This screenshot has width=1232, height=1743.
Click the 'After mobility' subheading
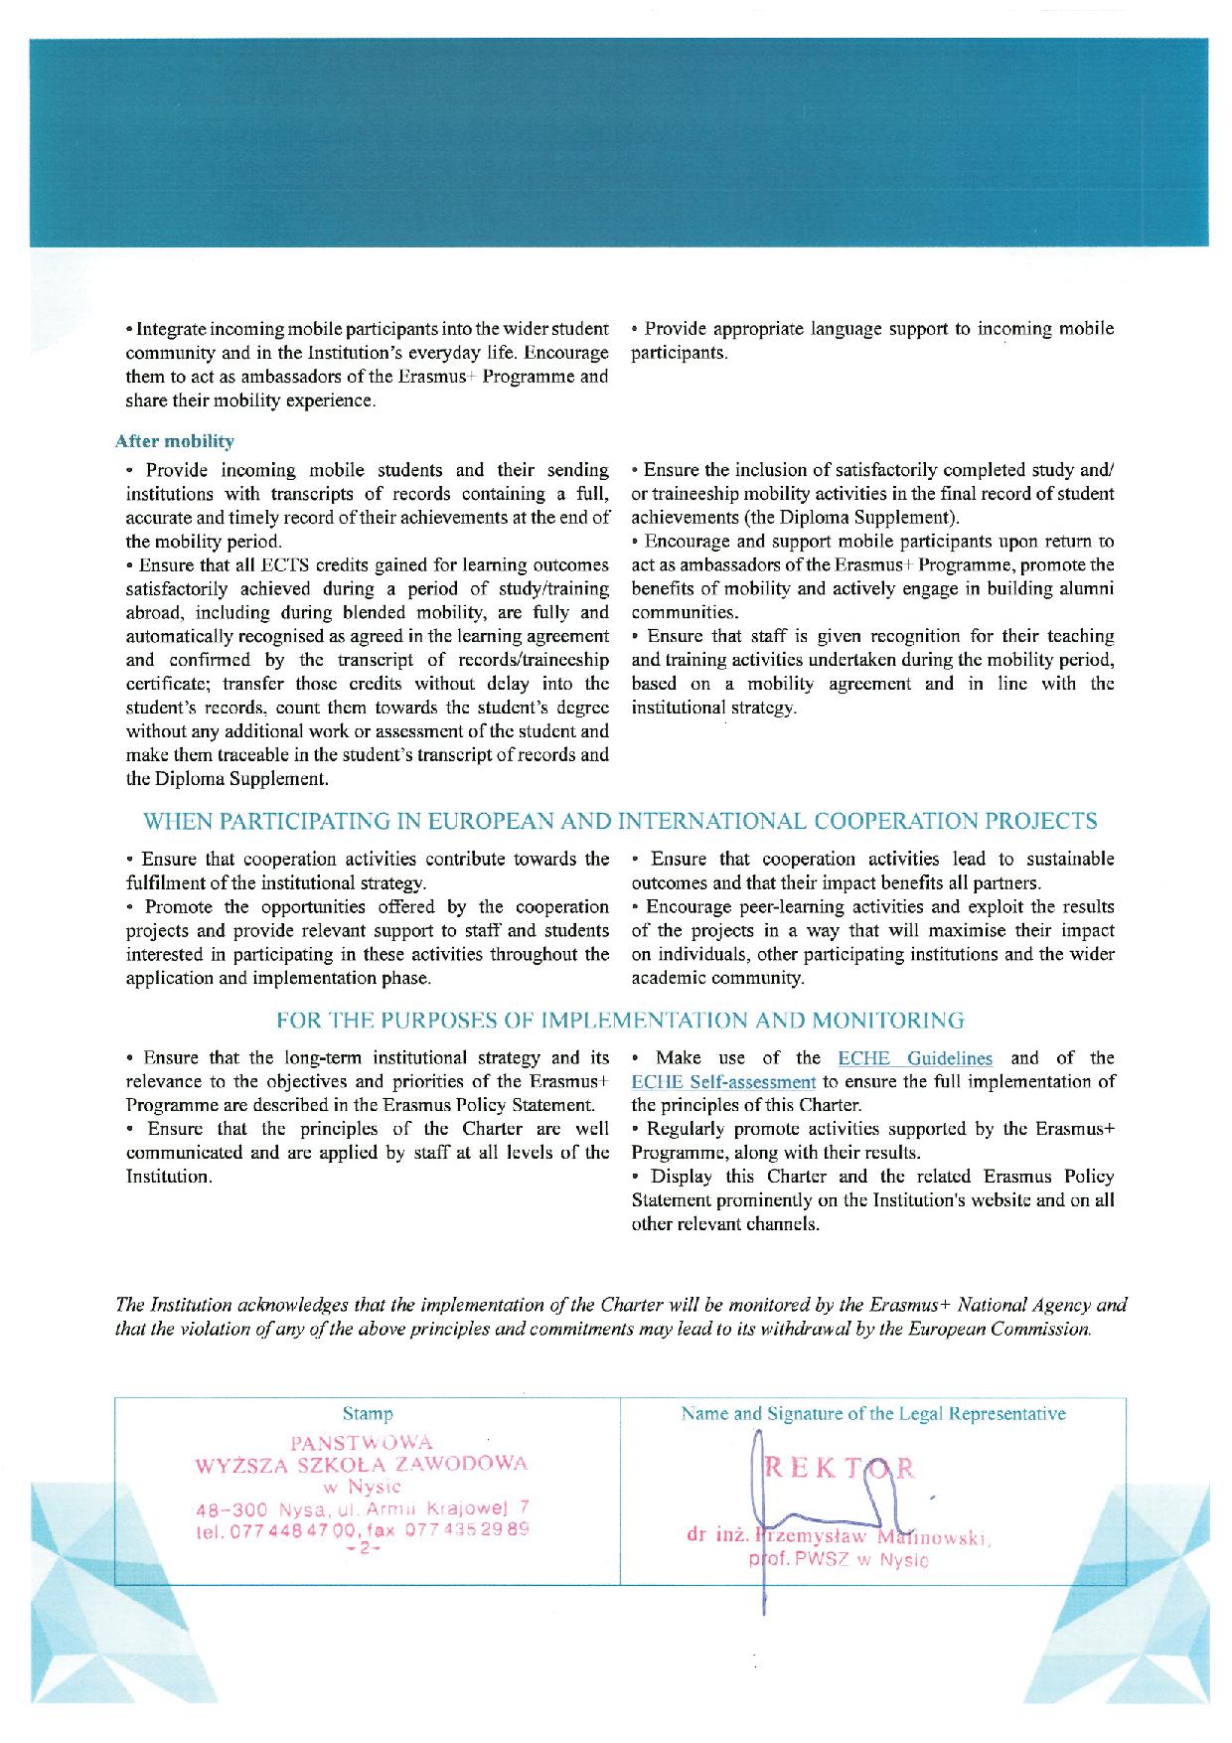pos(175,440)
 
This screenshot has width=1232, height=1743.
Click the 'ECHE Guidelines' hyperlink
pos(914,1058)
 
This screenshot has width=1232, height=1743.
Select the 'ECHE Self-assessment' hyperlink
pos(723,1082)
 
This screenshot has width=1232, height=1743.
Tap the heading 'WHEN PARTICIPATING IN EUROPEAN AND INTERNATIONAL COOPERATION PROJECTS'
pos(621,821)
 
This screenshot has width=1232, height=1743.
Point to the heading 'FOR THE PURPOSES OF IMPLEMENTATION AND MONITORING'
pos(620,1020)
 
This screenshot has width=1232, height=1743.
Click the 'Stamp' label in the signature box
pos(367,1413)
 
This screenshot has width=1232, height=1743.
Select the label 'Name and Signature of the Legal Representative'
pos(873,1413)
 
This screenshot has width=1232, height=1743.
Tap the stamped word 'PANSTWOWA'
pos(362,1442)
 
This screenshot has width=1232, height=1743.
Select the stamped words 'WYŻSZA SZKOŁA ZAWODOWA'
pos(362,1465)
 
